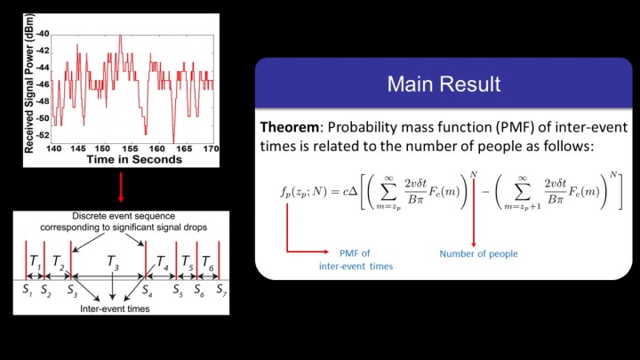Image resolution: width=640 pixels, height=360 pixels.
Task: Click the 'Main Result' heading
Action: tap(444, 84)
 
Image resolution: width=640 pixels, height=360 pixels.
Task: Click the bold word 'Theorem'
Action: tap(289, 127)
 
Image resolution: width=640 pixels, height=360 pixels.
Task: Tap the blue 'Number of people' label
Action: tap(478, 254)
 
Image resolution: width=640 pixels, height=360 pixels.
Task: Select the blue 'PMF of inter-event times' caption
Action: tap(356, 260)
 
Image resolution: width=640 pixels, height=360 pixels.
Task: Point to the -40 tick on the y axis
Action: tap(43, 34)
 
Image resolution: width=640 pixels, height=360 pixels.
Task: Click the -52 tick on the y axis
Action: tap(43, 135)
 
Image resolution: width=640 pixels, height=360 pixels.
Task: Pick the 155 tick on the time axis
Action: tap(130, 149)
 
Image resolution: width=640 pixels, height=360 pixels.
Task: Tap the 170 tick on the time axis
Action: tap(211, 149)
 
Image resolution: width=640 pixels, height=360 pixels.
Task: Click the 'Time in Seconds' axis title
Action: tap(134, 160)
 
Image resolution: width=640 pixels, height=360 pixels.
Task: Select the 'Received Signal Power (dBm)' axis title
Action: tap(29, 84)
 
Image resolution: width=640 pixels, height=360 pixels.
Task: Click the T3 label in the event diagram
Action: tap(113, 262)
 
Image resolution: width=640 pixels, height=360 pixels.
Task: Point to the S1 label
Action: tap(28, 290)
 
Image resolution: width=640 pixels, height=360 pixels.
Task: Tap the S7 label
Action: tap(221, 290)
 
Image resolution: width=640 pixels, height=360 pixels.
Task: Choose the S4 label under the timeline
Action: tap(147, 290)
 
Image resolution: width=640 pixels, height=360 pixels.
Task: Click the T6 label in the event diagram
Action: tap(208, 262)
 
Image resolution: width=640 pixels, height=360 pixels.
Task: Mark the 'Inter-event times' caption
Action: tap(115, 309)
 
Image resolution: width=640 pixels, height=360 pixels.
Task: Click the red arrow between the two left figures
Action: tap(121, 188)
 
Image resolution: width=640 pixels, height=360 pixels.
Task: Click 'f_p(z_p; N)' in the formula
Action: tap(304, 192)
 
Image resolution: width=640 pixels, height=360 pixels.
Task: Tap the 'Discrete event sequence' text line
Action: tap(124, 216)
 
